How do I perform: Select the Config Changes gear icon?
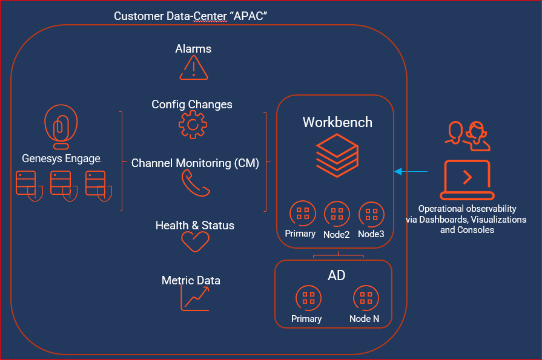click(x=192, y=125)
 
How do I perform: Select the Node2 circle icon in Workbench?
click(x=337, y=214)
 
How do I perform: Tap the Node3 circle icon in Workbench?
click(x=371, y=214)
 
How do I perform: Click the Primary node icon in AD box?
click(x=308, y=298)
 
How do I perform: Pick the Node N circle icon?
click(x=366, y=298)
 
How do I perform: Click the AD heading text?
click(x=337, y=275)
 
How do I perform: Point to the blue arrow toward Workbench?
click(x=411, y=172)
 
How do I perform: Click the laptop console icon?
click(x=467, y=180)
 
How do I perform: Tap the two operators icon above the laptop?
click(x=467, y=136)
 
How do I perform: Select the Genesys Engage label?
click(x=61, y=159)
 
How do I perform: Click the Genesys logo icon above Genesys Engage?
click(x=61, y=127)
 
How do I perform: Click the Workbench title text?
click(x=337, y=122)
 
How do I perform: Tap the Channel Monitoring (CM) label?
click(x=195, y=163)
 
